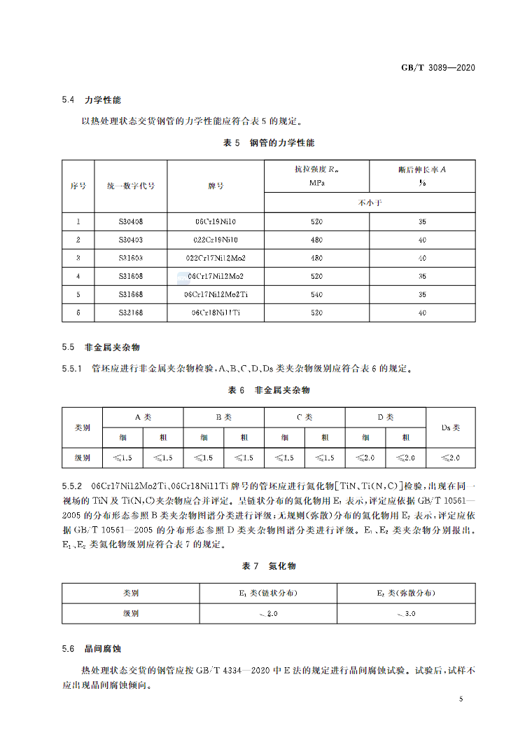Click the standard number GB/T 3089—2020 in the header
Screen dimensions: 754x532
[437, 68]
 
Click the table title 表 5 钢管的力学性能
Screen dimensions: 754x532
[268, 143]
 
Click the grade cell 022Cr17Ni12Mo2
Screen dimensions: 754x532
[216, 258]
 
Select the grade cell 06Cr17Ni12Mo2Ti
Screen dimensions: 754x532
[216, 294]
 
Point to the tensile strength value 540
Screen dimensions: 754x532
[316, 294]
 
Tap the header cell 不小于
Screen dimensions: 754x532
[370, 203]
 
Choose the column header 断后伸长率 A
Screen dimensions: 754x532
[422, 169]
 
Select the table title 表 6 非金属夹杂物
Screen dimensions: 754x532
[268, 390]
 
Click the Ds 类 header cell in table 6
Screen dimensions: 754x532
[451, 427]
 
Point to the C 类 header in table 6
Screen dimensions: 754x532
[304, 417]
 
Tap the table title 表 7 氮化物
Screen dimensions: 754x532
[268, 565]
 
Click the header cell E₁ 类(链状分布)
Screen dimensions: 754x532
[268, 593]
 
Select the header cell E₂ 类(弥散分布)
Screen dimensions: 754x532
[406, 593]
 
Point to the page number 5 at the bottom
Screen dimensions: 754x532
[461, 699]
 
